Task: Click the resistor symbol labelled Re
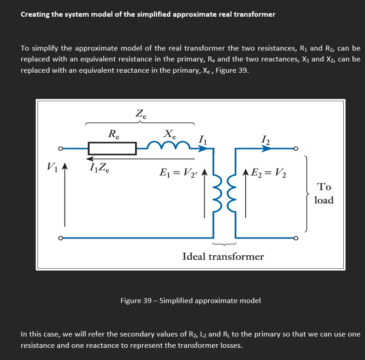pos(112,148)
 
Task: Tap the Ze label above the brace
pos(140,113)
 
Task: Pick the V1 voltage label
pos(52,168)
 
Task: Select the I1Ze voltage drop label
pos(98,169)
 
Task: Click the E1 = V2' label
pos(179,173)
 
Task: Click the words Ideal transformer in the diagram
pos(223,257)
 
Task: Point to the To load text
pos(324,193)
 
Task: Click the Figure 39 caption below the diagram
pos(190,300)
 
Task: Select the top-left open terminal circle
pos(59,148)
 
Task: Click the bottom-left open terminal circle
pos(59,238)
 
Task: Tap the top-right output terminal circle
pos(296,148)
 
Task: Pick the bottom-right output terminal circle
pos(296,238)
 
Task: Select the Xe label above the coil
pos(170,134)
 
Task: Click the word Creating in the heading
pos(35,14)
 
